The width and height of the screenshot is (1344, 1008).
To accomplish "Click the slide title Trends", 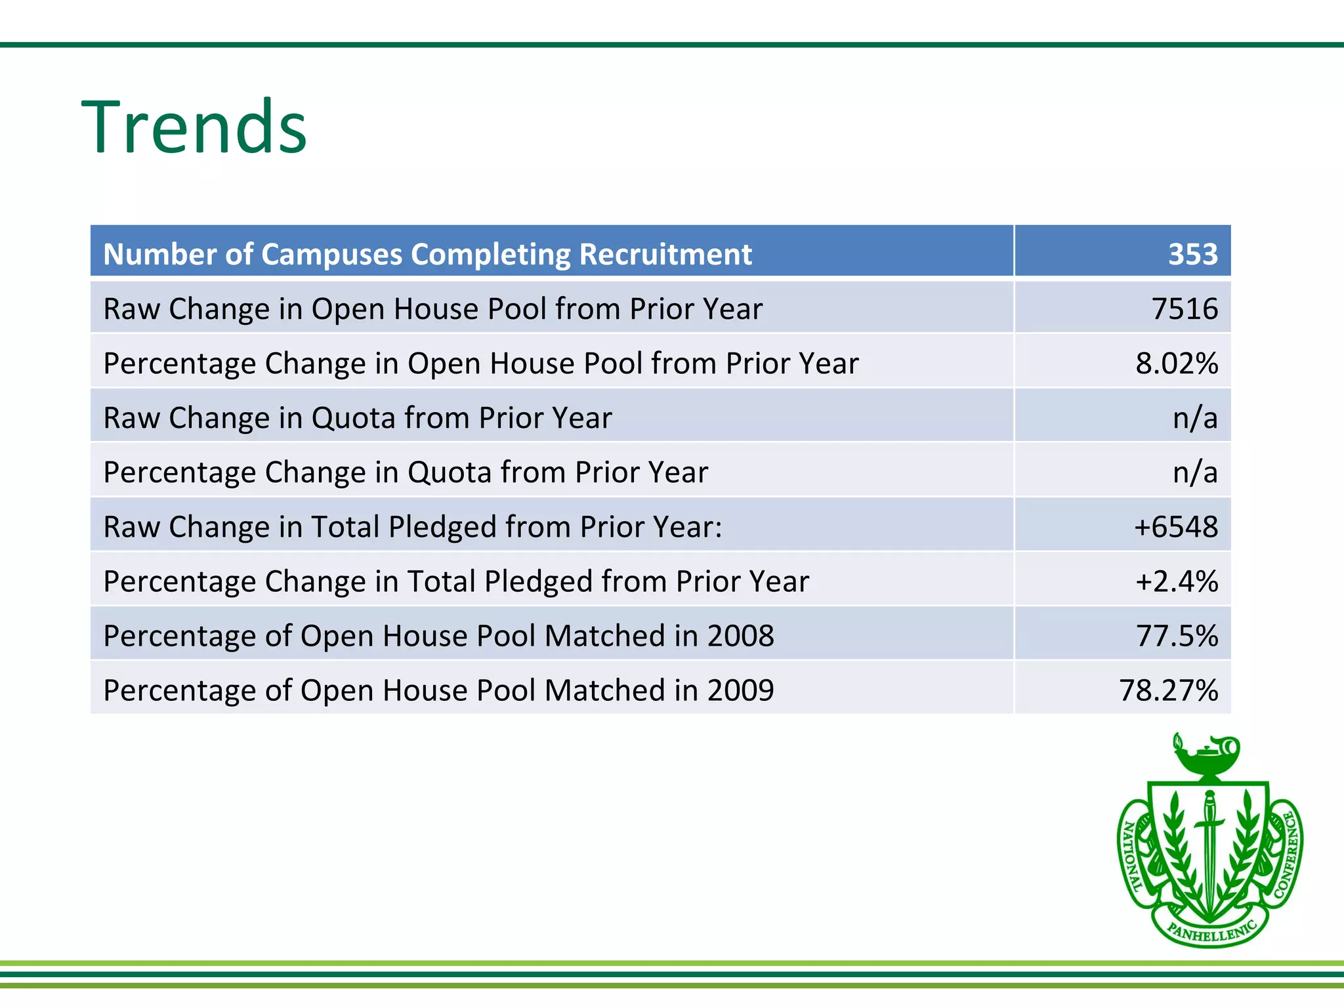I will coord(194,127).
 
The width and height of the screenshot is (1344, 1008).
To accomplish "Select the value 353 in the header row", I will coord(1192,254).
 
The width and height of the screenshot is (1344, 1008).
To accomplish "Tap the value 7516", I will coord(1185,308).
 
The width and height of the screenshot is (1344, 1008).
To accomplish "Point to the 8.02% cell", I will coord(1177,363).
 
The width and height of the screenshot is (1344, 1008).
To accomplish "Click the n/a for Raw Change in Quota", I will coord(1195,417).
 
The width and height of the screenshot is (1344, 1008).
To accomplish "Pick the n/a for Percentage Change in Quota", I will coord(1195,472).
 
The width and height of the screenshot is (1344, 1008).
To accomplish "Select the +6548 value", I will coord(1176,526).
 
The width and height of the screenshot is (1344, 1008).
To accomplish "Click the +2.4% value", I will coord(1177,581).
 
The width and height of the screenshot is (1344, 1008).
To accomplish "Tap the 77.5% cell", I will coord(1177,635).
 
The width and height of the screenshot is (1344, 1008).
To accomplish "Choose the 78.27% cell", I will coord(1168,690).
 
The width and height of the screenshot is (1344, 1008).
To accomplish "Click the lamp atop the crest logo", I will coord(1207,755).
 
